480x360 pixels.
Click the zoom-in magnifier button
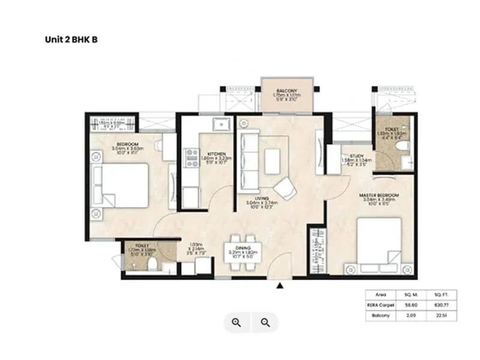[236, 323]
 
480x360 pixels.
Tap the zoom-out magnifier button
[265, 323]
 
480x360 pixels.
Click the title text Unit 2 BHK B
[71, 40]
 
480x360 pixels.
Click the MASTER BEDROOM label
[379, 196]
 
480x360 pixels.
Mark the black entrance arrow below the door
[279, 286]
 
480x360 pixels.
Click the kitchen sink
[223, 125]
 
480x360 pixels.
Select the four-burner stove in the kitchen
[193, 158]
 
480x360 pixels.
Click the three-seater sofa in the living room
[247, 158]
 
